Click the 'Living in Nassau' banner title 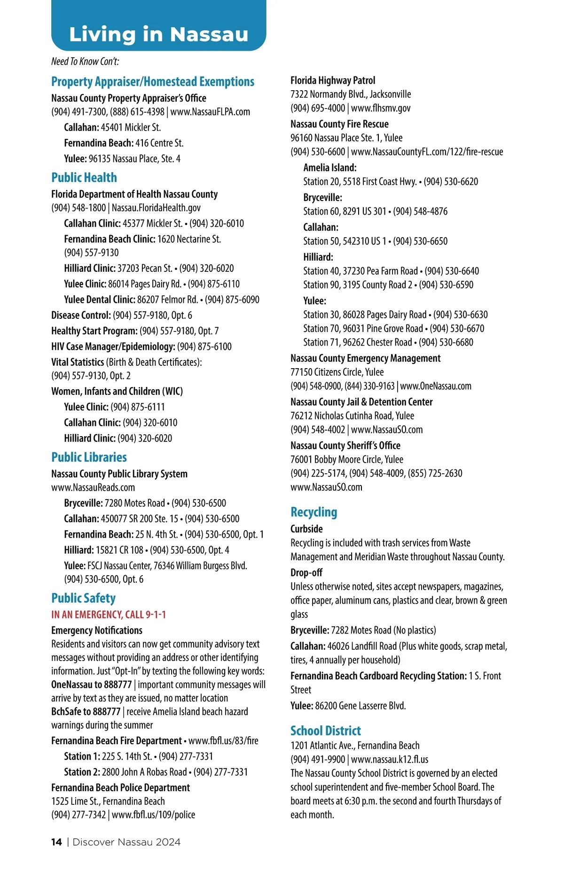[x=158, y=35]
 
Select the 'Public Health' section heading [x=84, y=177]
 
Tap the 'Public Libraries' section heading [x=89, y=457]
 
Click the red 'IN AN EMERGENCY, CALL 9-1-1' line [x=109, y=615]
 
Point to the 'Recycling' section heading [x=313, y=512]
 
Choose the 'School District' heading [x=325, y=731]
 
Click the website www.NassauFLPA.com [x=210, y=112]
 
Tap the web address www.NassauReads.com [x=93, y=487]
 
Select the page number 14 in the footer [x=56, y=842]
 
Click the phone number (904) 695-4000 [x=317, y=108]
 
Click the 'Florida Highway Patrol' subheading [x=333, y=80]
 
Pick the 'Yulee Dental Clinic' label [x=100, y=300]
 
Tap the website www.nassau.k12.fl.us [x=390, y=759]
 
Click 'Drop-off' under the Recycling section [x=306, y=572]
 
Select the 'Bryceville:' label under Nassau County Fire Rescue [x=322, y=197]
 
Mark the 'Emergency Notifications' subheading [x=97, y=630]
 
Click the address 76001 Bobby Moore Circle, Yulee [x=346, y=459]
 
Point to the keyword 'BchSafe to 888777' [x=86, y=711]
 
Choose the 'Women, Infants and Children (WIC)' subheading [x=117, y=391]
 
